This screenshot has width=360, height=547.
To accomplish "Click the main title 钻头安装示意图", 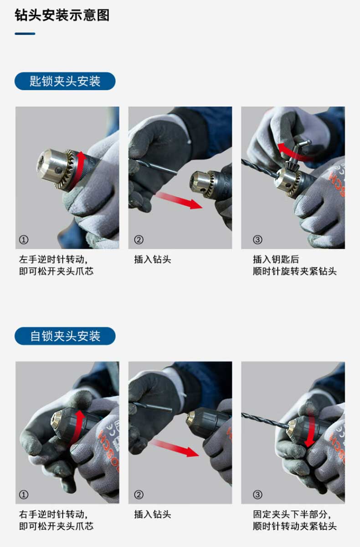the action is [62, 15].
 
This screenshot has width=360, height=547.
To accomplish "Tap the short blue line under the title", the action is [25, 34].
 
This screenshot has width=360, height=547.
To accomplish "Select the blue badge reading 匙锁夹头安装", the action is [65, 81].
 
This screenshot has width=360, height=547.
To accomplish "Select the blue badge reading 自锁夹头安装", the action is [65, 336].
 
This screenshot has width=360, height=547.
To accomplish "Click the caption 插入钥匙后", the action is [276, 259].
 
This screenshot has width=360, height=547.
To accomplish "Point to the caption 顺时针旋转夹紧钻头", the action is [295, 271].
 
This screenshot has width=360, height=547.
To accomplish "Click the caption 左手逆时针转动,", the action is [53, 259].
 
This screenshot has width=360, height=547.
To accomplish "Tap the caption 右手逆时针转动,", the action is [53, 514].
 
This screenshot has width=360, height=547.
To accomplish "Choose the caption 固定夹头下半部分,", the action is [292, 514].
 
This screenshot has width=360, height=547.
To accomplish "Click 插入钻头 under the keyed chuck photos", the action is [153, 259].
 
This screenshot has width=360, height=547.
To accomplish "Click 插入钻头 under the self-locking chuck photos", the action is [153, 514].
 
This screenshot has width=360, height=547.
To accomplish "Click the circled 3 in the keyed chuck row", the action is [257, 240].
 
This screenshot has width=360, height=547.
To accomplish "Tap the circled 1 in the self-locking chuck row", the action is [24, 495].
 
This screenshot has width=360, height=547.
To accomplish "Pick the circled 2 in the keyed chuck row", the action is [139, 240].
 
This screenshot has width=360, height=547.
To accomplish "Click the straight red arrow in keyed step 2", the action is [179, 200].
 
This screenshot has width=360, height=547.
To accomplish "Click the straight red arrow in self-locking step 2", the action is [175, 448].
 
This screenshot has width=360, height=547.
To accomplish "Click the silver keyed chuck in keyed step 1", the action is [56, 168].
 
